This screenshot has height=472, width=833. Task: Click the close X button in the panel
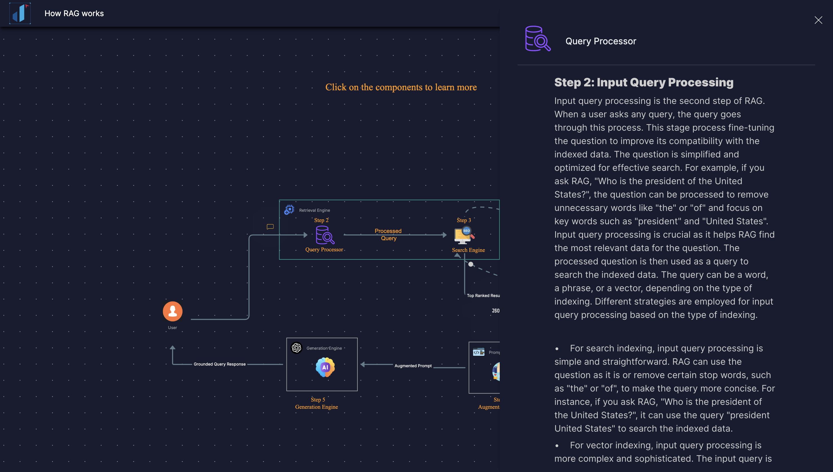pyautogui.click(x=818, y=20)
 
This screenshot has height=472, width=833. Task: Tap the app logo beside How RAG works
pyautogui.click(x=20, y=13)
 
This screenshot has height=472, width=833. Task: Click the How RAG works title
pyautogui.click(x=74, y=13)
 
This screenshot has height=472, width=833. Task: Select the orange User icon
pyautogui.click(x=173, y=311)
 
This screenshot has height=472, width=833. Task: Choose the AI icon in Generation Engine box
pyautogui.click(x=325, y=367)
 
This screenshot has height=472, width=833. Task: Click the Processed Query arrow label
pyautogui.click(x=388, y=234)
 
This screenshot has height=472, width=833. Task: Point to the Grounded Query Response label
pyautogui.click(x=220, y=364)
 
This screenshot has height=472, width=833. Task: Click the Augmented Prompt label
pyautogui.click(x=413, y=366)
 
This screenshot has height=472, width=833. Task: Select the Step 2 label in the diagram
pyautogui.click(x=321, y=220)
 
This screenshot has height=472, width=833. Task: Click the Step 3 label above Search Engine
pyautogui.click(x=464, y=220)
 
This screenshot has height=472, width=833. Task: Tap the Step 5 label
pyautogui.click(x=318, y=399)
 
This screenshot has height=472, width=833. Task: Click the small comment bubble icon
pyautogui.click(x=270, y=227)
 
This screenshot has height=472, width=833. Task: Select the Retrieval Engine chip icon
pyautogui.click(x=289, y=210)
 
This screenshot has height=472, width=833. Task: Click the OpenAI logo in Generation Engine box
pyautogui.click(x=296, y=347)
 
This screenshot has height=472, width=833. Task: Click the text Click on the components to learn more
pyautogui.click(x=401, y=87)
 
